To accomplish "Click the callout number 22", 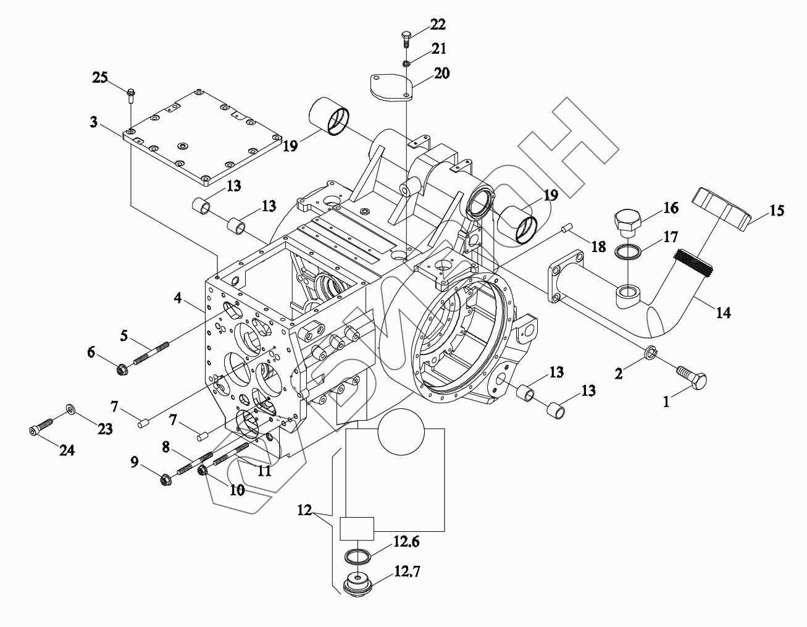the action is [x=438, y=25].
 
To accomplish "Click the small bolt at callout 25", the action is [x=131, y=96].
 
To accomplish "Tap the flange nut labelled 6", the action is [x=121, y=370].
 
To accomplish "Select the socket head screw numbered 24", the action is [x=41, y=426].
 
